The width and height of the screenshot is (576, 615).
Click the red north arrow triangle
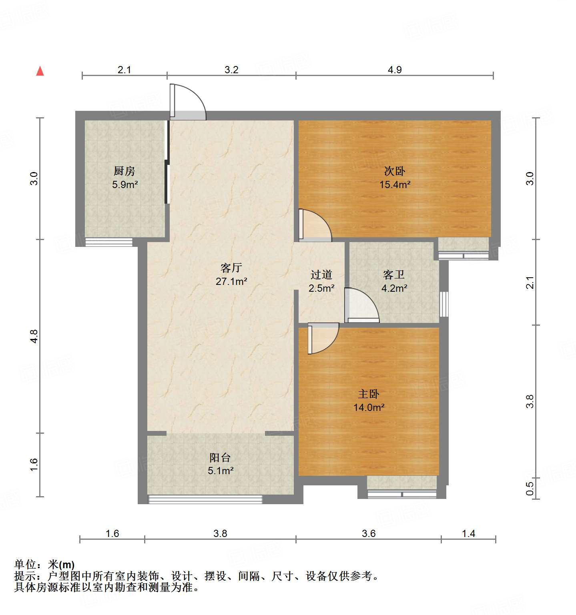[x=40, y=71]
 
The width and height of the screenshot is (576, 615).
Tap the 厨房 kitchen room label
[x=124, y=171]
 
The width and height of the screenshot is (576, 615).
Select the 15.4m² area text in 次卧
[x=395, y=184]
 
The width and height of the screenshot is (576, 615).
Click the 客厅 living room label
[x=231, y=267]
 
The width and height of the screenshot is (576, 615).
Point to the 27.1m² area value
[x=231, y=281]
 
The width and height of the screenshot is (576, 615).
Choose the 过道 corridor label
[x=321, y=274]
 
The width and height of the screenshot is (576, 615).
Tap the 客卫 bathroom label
[x=394, y=274]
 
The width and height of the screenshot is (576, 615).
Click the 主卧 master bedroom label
[x=369, y=394]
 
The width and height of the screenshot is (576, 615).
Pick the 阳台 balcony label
[x=220, y=457]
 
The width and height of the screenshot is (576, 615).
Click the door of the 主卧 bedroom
[x=323, y=339]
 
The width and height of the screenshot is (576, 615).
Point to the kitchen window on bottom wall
[x=109, y=242]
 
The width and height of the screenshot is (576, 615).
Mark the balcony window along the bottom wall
[x=205, y=499]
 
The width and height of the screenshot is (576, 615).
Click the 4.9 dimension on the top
[x=395, y=70]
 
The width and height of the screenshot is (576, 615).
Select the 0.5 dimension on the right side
[x=530, y=489]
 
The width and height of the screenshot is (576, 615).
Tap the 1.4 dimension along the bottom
[x=468, y=533]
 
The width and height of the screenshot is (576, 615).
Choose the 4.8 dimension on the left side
[x=34, y=336]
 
